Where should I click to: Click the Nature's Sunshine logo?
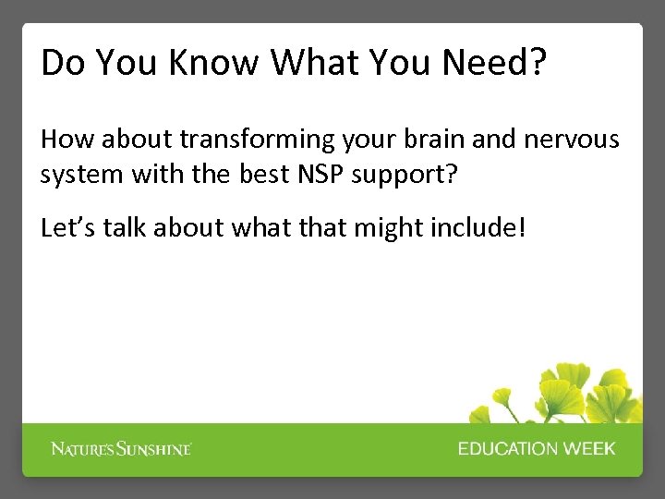pyautogui.click(x=121, y=449)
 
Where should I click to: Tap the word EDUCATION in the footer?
pyautogui.click(x=507, y=449)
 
